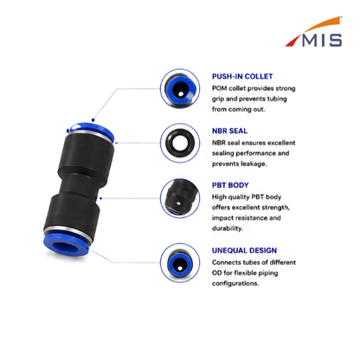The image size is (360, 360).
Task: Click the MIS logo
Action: coord(314,32)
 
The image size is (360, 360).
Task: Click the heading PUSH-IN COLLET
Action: coord(242,76)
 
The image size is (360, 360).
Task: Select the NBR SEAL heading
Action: coord(229,131)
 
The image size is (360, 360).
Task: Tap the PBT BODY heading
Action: coord(230,185)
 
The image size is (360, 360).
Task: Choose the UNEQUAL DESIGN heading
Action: coord(244,250)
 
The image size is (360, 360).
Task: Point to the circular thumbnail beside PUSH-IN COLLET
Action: coord(180,88)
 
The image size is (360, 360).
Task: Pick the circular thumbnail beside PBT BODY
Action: coord(180,198)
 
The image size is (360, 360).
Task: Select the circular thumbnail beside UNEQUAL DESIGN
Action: coord(180,263)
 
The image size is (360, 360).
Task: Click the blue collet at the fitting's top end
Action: coord(92,129)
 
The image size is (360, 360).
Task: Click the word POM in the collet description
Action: coord(219,88)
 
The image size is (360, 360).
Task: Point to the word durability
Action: coord(228,228)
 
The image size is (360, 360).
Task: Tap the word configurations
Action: coord(235,283)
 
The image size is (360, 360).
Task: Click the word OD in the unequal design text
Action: coord(217,273)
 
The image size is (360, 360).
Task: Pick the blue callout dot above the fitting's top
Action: coord(93,120)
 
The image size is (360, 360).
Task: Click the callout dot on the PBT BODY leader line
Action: coord(100,198)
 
